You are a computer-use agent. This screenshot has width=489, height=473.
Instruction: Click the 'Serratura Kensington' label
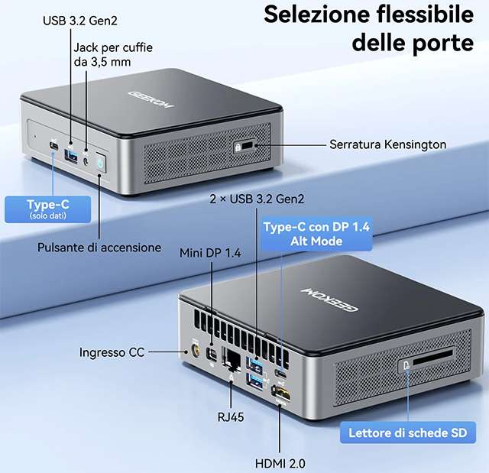[x=388, y=144]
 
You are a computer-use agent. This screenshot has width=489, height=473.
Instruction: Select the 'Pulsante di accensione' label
[x=99, y=248]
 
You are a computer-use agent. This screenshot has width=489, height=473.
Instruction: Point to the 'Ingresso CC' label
[x=111, y=352]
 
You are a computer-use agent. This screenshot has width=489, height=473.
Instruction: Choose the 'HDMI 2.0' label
[x=280, y=462]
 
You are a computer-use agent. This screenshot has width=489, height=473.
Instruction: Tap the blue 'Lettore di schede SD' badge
[x=407, y=433]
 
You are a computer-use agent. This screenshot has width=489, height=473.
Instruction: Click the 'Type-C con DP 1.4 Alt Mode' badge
[x=316, y=233]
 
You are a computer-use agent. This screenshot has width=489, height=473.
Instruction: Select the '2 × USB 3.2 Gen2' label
[x=257, y=199]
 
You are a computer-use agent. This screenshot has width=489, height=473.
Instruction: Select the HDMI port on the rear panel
[x=281, y=396]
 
